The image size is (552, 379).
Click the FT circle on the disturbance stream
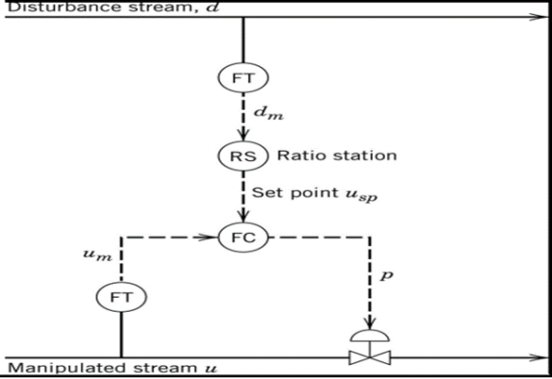(243, 78)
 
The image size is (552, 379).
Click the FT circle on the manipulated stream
(122, 296)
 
